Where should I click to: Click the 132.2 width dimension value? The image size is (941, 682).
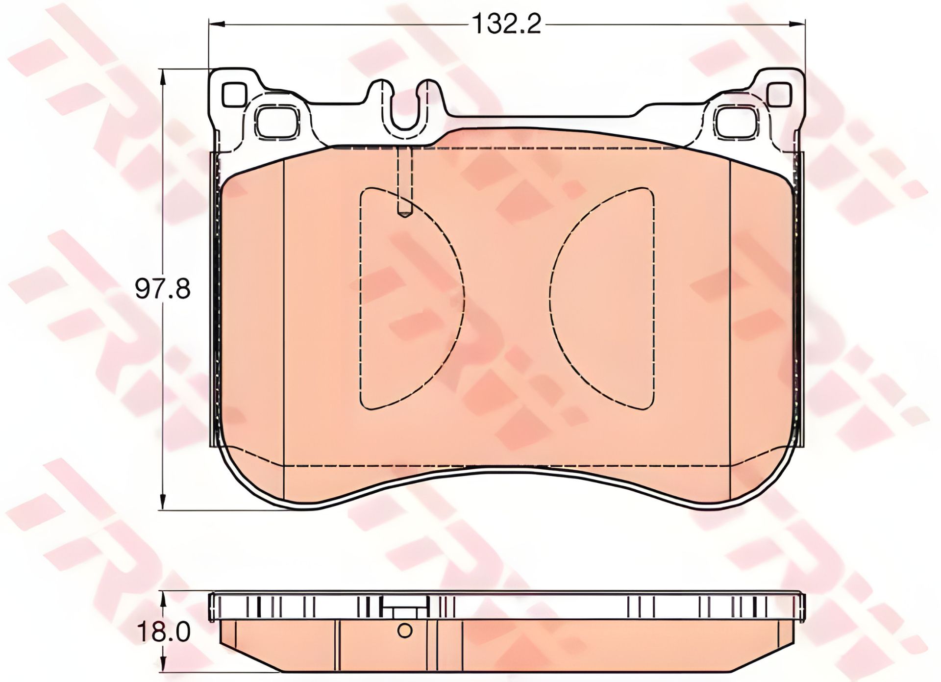coord(506,24)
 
